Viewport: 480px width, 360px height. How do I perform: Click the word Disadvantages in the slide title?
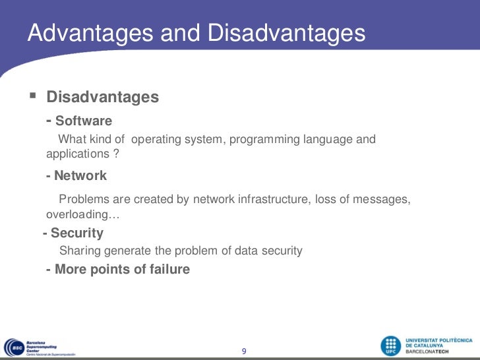(287, 33)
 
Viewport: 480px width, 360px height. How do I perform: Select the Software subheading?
(83, 121)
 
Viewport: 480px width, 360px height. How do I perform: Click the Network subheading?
(80, 176)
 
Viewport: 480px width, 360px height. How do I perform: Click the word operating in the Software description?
(156, 140)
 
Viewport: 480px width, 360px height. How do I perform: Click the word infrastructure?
(276, 200)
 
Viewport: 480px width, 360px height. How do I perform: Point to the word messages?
(380, 200)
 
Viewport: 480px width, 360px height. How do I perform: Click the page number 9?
(244, 350)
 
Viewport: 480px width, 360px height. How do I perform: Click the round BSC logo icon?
(13, 347)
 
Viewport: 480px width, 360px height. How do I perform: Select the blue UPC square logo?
(390, 345)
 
